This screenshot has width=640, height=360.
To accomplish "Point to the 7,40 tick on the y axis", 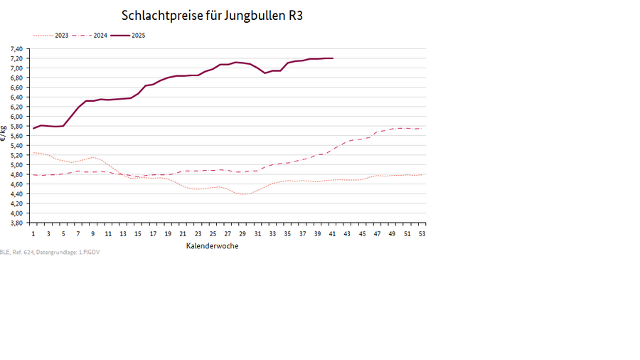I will coord(16,49).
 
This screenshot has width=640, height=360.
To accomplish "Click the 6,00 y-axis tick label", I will coord(16,117).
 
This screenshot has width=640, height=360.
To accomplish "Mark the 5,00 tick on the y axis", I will coord(16,165).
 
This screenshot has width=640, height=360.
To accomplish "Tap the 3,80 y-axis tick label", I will coord(16,223).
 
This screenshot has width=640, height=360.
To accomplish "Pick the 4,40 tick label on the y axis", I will coord(16,194).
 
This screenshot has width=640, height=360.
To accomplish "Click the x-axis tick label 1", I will coord(33,233).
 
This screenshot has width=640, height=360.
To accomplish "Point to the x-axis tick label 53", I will coord(422,233).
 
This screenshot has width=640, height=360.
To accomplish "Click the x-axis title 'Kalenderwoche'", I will coord(212,246).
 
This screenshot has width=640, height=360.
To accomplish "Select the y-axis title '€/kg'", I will coord(4,135).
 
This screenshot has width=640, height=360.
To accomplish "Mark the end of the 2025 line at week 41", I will coord(332,58).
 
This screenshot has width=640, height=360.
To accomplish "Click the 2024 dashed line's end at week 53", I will coord(422,128).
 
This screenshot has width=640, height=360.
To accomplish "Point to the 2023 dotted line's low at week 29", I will coord(242,194).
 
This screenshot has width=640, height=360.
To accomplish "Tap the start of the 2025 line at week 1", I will coord(33,128).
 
